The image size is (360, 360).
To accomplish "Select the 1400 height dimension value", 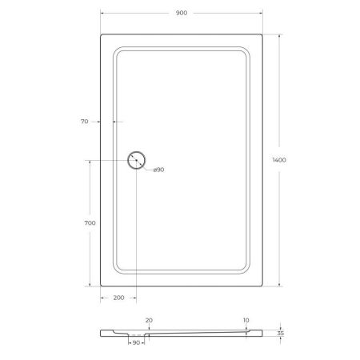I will (278, 160).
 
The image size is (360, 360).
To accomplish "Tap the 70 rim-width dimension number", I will (84, 122).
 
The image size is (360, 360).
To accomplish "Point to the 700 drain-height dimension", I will (90, 223).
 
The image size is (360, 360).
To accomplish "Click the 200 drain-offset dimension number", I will (118, 298).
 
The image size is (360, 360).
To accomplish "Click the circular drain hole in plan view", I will (137, 160).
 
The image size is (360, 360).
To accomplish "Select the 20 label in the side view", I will (148, 319).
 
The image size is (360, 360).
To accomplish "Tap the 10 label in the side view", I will (246, 319).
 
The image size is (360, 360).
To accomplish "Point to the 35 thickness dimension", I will (279, 331).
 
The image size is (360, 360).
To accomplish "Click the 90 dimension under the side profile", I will (137, 342).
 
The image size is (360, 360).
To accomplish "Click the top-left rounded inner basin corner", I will (119, 52).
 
